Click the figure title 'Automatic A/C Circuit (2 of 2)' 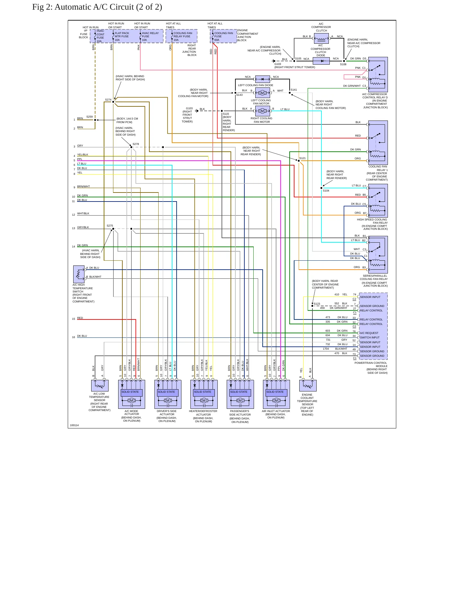108,7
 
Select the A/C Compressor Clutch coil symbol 321,39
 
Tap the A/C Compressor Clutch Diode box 321,61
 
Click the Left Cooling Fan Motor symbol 262,93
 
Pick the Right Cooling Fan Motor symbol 262,111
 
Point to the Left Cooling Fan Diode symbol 262,79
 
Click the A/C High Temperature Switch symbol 79,274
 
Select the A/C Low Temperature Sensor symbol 100,385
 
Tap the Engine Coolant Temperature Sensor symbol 308,385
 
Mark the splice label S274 108,100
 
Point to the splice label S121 302,158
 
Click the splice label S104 326,191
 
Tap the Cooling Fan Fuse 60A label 223,37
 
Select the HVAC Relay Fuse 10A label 150,37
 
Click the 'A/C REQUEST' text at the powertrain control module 369,333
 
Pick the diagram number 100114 74,425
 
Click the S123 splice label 317,304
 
